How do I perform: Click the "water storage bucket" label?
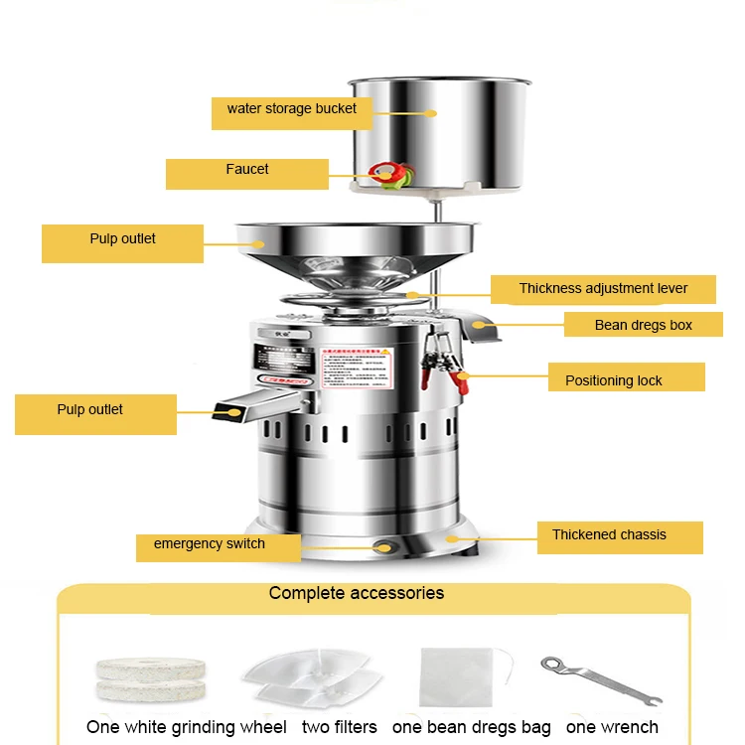[291, 108]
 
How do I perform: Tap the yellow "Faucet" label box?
[246, 170]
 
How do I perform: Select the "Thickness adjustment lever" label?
[603, 289]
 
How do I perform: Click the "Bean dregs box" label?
[643, 325]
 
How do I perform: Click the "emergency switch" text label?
[210, 544]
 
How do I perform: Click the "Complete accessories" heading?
[357, 594]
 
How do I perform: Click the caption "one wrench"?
[612, 728]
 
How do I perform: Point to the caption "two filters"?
[340, 728]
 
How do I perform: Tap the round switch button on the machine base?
[382, 544]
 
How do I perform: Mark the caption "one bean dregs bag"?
[472, 728]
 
